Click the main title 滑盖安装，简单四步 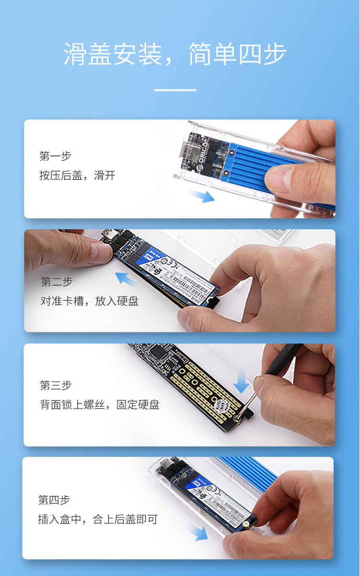(175, 54)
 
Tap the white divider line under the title (175, 90)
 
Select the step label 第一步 (55, 156)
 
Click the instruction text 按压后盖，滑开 (77, 176)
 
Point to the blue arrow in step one (201, 196)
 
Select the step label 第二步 (57, 282)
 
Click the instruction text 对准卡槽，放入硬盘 (90, 301)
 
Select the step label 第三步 (56, 385)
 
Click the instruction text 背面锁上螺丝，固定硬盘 (100, 405)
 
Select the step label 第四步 (54, 500)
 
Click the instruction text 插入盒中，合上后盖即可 (97, 519)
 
